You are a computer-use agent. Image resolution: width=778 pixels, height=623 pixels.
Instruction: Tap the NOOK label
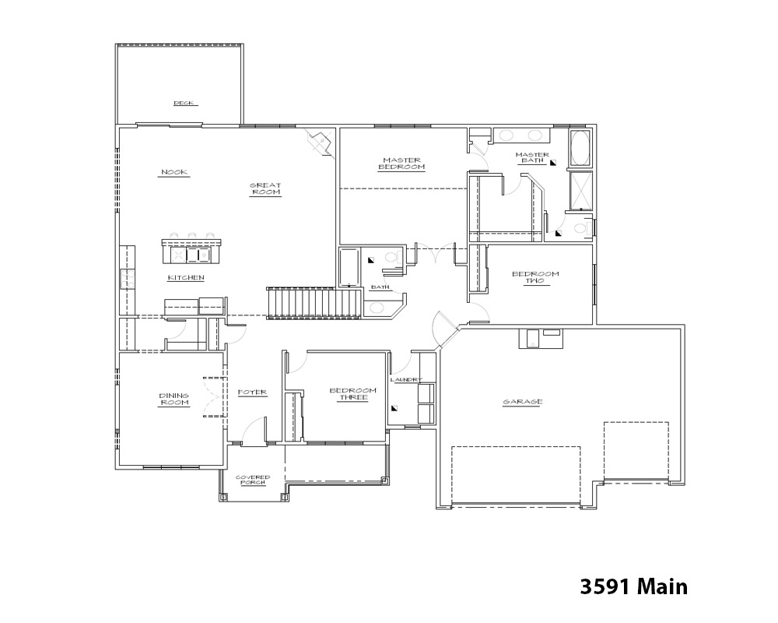174,172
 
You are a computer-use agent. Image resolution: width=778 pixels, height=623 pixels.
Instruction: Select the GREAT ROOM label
265,188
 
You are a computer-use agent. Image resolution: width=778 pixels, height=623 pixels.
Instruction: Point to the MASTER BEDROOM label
402,164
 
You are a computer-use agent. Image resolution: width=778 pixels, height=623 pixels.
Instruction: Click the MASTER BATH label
532,157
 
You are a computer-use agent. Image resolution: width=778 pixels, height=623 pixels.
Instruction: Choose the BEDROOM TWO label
535,277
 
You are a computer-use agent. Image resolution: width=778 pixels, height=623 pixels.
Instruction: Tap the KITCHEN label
186,278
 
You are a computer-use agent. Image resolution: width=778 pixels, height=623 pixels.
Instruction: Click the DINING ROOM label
174,399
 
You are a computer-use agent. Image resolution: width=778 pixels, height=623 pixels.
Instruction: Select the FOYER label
252,392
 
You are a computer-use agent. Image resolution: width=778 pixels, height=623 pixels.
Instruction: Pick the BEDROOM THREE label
352,394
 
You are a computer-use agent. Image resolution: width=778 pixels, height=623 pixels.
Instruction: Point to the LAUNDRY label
406,380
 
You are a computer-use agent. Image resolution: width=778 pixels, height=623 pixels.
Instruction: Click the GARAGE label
523,402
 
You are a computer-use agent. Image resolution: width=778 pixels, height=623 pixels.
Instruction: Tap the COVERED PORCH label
253,480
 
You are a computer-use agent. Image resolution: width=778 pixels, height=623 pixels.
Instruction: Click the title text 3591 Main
633,586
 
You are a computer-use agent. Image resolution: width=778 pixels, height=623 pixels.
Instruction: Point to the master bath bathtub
581,147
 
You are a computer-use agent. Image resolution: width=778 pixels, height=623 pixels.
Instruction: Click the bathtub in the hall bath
349,267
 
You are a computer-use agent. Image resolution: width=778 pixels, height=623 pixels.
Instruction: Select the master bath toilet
583,228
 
